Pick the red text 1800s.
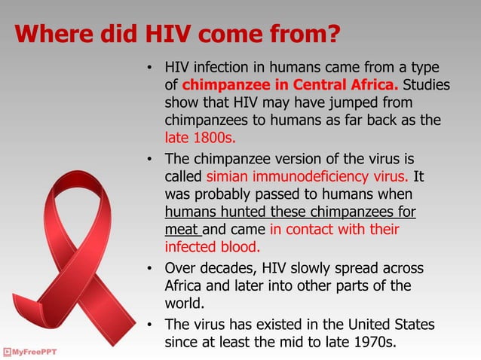pos(209,139)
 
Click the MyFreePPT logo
pos(29,352)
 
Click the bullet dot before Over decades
pos(151,270)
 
